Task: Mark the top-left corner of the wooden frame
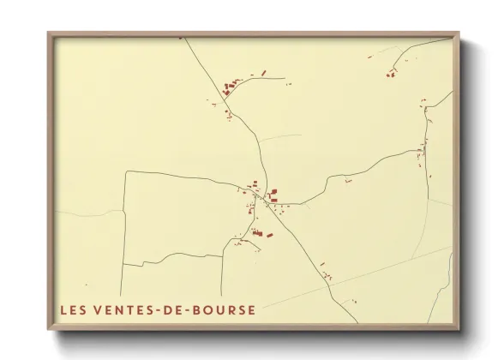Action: click(49, 33)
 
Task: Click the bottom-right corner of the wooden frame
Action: click(459, 330)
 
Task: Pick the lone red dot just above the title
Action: click(85, 286)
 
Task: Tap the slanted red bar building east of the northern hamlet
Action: click(263, 72)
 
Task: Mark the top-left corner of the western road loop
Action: click(126, 172)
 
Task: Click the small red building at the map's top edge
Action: click(180, 39)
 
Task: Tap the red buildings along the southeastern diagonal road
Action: click(327, 274)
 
